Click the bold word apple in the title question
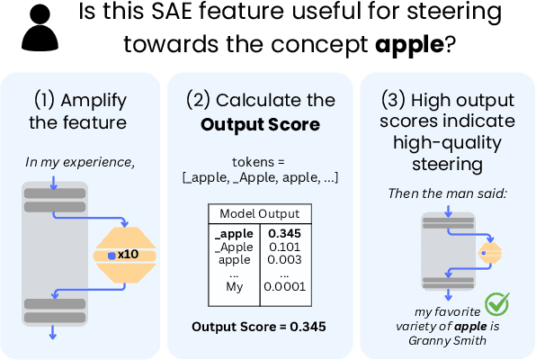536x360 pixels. click(410, 44)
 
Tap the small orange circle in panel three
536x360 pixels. click(487, 254)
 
